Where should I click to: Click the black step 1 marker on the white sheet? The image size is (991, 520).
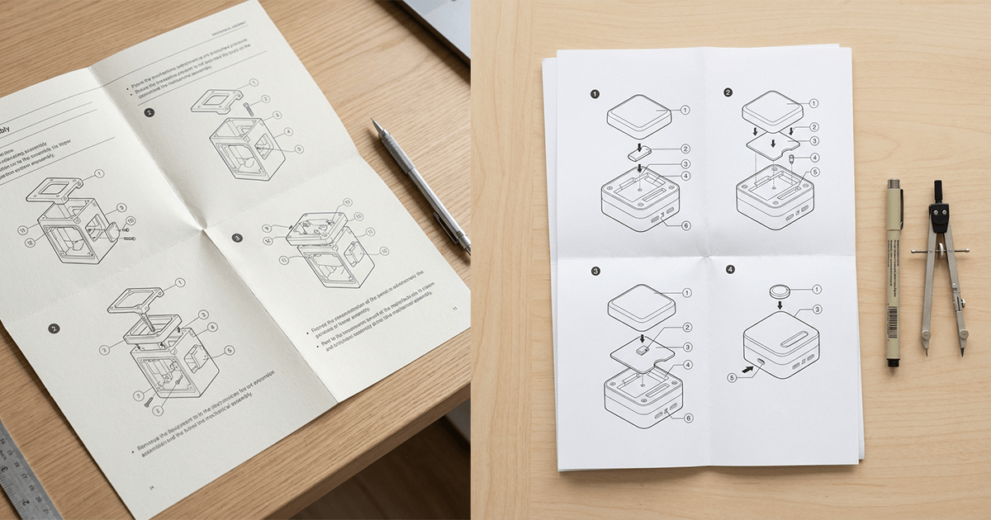point(595,93)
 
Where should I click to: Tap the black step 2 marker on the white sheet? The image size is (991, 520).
point(728,92)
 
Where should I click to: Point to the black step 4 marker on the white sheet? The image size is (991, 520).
point(729,269)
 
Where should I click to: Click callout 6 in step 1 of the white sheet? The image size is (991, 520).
point(686,225)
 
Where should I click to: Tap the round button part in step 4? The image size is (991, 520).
point(780,291)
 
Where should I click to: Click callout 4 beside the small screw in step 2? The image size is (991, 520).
point(814,158)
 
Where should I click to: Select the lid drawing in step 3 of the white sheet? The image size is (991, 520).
point(642,307)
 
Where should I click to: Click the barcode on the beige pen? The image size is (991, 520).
point(892,325)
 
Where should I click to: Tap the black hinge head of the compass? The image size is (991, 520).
point(939,217)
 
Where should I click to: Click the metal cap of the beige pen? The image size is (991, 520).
point(893,185)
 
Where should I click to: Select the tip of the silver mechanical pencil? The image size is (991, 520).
point(375,123)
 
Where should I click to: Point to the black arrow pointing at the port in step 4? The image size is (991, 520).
point(748,371)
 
